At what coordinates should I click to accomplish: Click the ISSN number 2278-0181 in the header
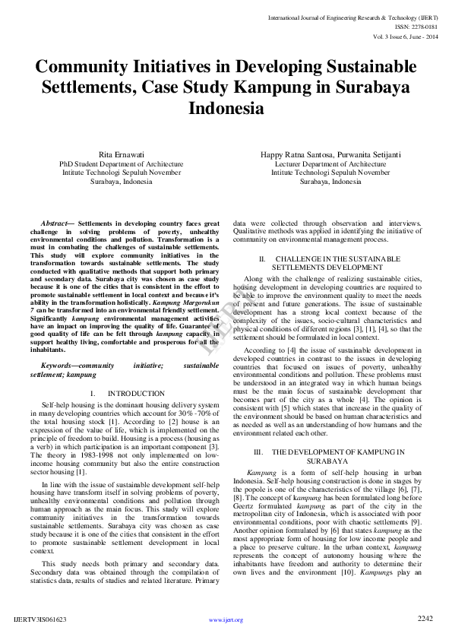(x=422, y=25)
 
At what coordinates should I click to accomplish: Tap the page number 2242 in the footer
(x=425, y=619)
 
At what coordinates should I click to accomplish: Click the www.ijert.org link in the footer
(x=226, y=619)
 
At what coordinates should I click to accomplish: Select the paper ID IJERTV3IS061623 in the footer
(x=40, y=619)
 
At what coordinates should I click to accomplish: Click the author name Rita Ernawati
(x=121, y=154)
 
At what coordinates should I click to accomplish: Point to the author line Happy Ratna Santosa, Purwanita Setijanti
(x=330, y=154)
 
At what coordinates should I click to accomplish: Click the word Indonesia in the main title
(x=226, y=108)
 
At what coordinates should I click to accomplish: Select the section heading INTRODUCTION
(x=136, y=393)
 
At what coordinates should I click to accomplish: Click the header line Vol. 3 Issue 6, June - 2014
(x=406, y=36)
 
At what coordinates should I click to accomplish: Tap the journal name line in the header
(x=354, y=15)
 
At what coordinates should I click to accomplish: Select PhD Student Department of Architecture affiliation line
(x=121, y=163)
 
